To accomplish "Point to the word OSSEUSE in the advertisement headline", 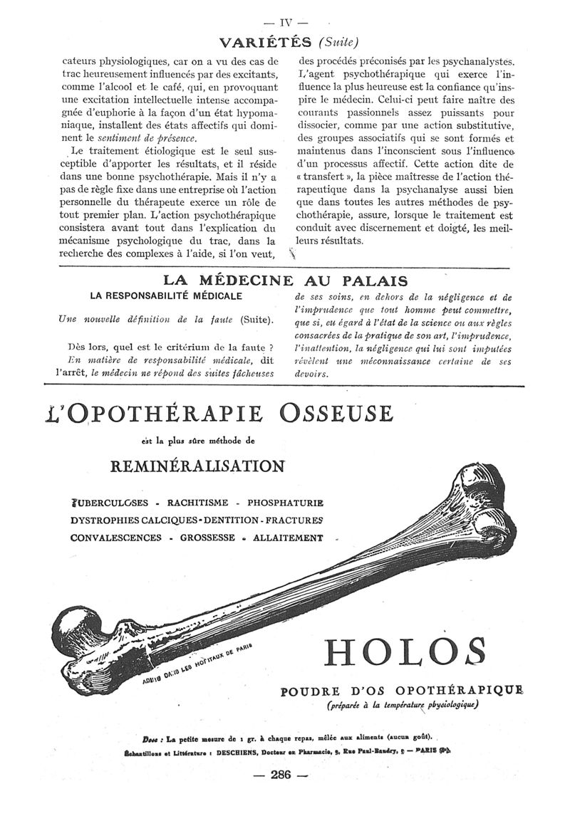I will coord(336,413).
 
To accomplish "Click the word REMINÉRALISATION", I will coord(198,466).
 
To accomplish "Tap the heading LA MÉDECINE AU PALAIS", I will coord(285,281).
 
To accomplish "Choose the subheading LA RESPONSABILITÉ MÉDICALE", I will coord(166,295).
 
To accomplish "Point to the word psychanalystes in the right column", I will coord(474,61).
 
